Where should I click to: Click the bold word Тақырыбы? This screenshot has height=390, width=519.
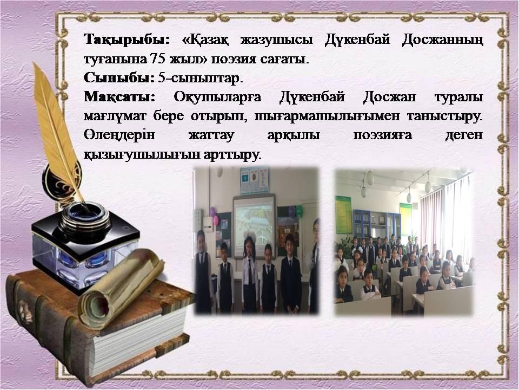(127, 40)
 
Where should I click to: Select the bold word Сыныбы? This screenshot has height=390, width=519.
(119, 78)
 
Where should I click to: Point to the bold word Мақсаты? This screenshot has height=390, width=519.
(119, 97)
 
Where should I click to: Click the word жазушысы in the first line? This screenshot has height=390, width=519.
(276, 40)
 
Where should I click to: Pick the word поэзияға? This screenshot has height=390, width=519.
(383, 135)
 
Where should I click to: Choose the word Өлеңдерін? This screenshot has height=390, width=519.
(119, 135)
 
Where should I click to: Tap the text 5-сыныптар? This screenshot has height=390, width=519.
(201, 79)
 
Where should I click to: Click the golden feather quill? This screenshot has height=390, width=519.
(56, 133)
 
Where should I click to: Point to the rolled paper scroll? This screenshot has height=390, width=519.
(121, 289)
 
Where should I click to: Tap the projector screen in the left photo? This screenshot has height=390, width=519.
(254, 226)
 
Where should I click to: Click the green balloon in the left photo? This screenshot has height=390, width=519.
(299, 211)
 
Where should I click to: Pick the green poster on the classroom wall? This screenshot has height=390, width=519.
(344, 215)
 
